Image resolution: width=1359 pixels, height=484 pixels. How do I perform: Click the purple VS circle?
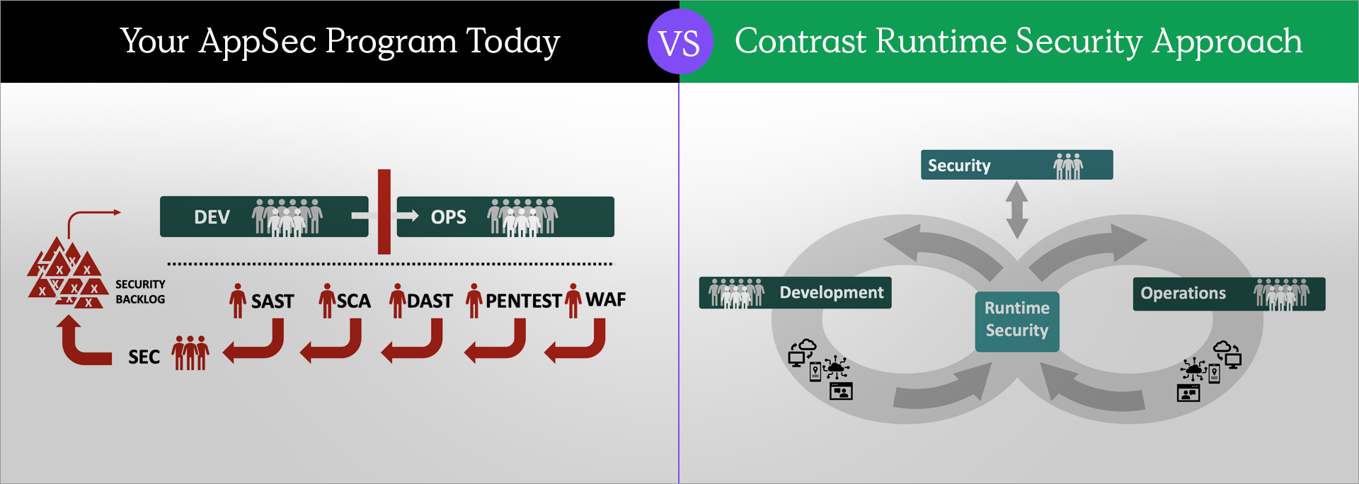click(x=679, y=42)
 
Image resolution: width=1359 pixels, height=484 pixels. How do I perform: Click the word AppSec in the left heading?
click(x=258, y=42)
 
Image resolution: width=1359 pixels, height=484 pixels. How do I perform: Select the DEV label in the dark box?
click(x=212, y=217)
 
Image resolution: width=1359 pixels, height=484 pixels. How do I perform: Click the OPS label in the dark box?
click(x=449, y=217)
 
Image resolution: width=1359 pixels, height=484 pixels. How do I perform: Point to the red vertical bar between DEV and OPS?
click(x=384, y=212)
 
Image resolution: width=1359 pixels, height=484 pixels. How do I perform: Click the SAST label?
click(x=273, y=301)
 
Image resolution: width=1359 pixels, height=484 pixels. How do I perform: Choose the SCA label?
click(x=354, y=301)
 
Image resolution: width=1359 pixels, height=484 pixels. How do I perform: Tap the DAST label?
click(x=430, y=301)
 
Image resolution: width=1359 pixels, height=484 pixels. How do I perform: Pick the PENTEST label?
click(x=524, y=301)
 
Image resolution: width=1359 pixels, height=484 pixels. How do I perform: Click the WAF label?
click(x=606, y=299)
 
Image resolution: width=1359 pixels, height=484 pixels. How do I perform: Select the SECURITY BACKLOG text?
click(x=140, y=292)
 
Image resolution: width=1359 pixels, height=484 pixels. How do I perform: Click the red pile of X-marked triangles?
click(x=67, y=272)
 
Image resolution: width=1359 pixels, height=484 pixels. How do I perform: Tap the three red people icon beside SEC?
click(x=190, y=353)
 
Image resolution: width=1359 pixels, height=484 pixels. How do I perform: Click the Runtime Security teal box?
click(x=1017, y=321)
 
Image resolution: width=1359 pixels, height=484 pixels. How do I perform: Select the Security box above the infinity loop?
click(x=1016, y=165)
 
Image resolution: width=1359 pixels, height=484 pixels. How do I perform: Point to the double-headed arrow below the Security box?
click(x=1017, y=210)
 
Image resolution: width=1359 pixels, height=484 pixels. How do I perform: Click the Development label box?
click(x=795, y=293)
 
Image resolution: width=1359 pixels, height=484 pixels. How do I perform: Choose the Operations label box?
click(x=1229, y=294)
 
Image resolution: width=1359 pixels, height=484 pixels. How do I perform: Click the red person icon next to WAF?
click(x=573, y=301)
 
